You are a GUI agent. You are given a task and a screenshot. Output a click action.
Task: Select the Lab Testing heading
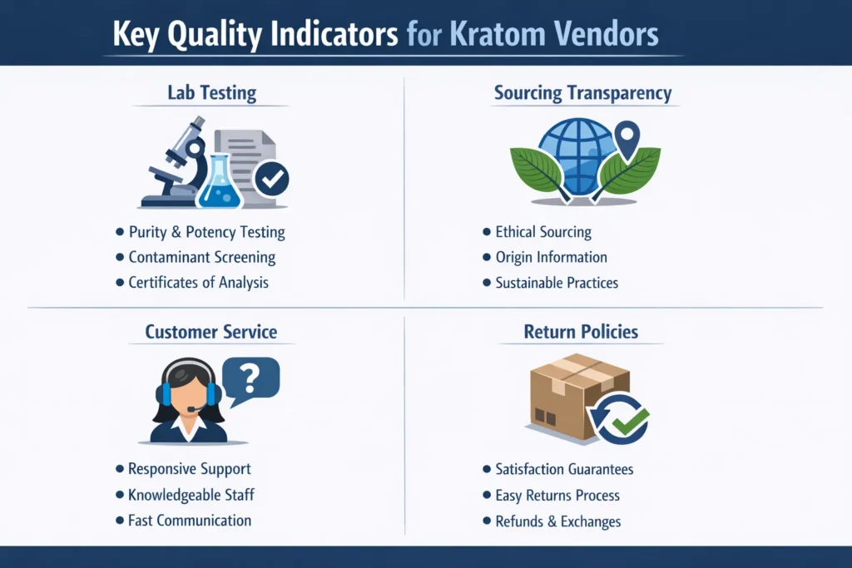click(211, 93)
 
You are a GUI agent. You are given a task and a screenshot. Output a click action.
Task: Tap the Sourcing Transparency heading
click(582, 92)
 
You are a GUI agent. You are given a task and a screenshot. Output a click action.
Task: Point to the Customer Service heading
click(211, 332)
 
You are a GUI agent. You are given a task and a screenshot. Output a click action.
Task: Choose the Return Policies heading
click(581, 332)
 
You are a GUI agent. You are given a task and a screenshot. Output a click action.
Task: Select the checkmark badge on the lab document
click(271, 178)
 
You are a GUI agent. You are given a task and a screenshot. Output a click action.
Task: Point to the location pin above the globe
click(627, 135)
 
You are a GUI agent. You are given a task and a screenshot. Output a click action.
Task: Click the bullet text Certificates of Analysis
click(198, 282)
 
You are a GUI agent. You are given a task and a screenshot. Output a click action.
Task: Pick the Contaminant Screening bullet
click(201, 257)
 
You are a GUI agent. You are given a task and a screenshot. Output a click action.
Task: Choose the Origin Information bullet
click(551, 257)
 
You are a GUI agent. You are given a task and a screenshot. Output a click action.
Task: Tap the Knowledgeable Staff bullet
click(191, 495)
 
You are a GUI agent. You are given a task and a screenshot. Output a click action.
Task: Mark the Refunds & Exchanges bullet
click(557, 521)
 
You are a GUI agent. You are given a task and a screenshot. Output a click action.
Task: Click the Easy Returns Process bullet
click(557, 495)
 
